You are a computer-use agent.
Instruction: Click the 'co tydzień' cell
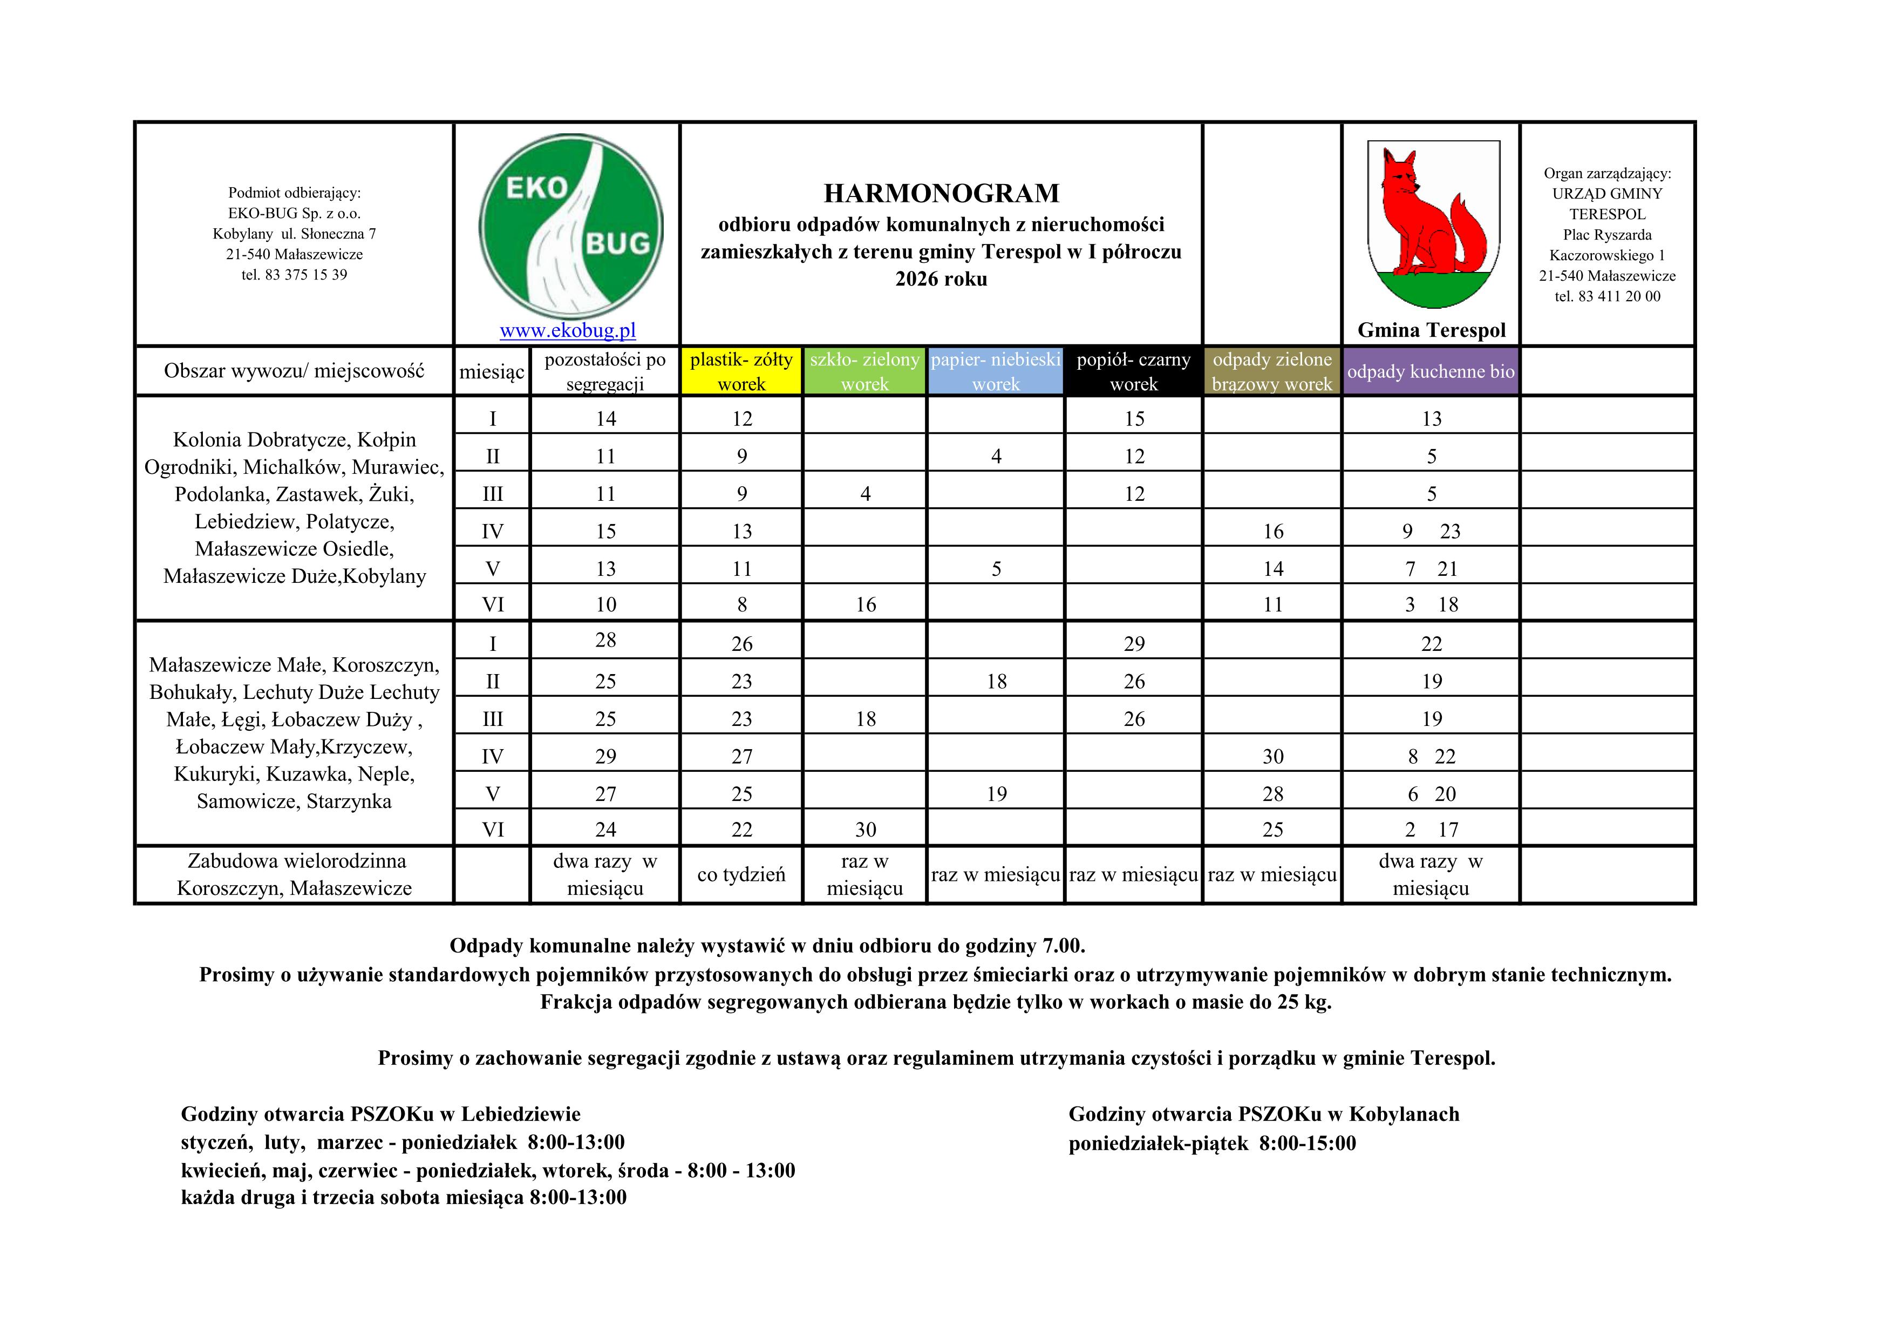[741, 875]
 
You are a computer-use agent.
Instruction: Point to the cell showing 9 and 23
[1431, 532]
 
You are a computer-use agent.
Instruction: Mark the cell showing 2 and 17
[1431, 830]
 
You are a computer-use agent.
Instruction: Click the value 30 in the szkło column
[865, 830]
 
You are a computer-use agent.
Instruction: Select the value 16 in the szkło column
[865, 605]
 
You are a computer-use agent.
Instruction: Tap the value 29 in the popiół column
[1134, 644]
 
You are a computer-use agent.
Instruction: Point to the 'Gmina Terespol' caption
[1431, 331]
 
